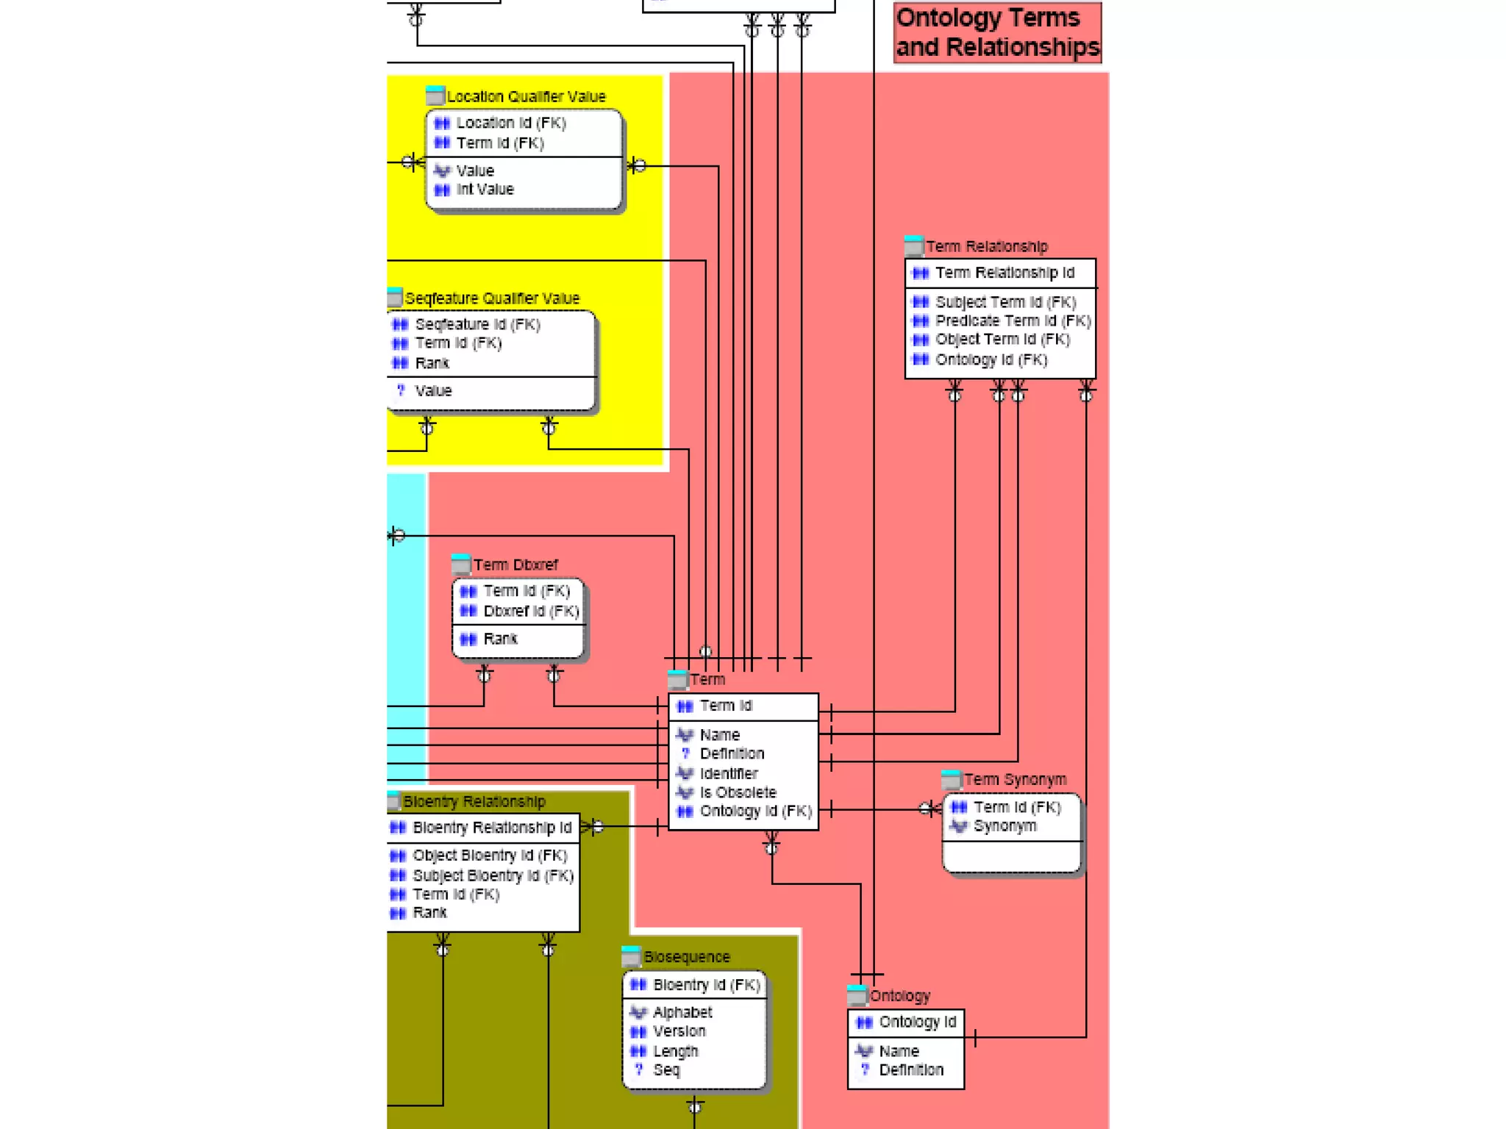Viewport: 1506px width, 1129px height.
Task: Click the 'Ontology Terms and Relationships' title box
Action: (x=997, y=32)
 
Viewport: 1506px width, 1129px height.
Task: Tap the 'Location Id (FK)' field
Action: (x=510, y=123)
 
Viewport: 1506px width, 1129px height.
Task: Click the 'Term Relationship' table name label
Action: (x=986, y=246)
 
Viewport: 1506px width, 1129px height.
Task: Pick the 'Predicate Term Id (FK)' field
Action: (x=1012, y=321)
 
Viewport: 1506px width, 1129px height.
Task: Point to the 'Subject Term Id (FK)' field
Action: (x=1004, y=302)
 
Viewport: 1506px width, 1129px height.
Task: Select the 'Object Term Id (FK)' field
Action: (x=1002, y=340)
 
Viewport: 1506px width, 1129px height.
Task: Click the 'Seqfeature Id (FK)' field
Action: (x=477, y=324)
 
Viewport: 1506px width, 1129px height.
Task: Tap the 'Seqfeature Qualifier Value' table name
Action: (x=491, y=298)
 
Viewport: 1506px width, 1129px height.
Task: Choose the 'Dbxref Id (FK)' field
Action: (x=530, y=611)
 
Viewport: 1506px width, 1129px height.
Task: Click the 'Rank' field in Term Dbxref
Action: (x=500, y=639)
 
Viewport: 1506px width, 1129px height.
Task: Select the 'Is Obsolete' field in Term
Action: (x=738, y=792)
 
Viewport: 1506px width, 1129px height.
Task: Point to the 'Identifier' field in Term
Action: (x=728, y=773)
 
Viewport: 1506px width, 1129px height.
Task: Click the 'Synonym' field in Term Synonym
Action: (x=1004, y=826)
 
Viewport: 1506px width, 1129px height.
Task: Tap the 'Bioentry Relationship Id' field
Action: (x=491, y=828)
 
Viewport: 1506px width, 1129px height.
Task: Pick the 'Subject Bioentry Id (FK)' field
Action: (x=492, y=875)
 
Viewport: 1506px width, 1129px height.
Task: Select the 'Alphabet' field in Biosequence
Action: (x=682, y=1012)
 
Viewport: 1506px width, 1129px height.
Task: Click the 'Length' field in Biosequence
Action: (x=675, y=1051)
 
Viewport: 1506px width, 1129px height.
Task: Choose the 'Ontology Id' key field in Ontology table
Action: (x=917, y=1022)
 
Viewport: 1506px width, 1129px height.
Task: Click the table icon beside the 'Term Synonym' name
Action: (x=951, y=779)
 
